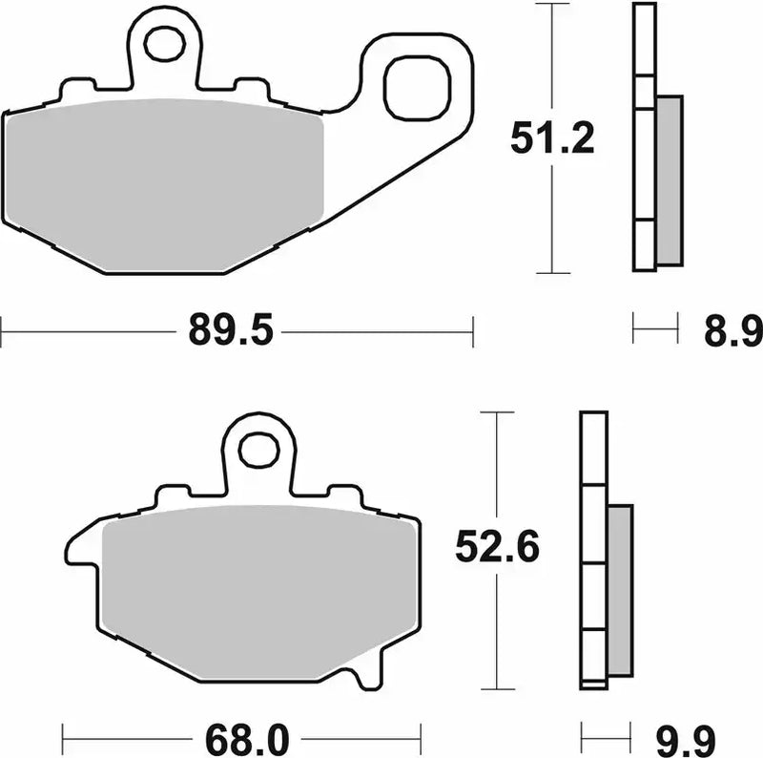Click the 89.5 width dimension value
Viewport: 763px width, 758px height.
(231, 332)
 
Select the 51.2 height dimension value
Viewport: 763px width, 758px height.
(551, 139)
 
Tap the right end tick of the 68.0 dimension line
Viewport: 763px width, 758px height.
(421, 736)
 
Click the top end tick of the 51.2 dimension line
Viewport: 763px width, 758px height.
(553, 4)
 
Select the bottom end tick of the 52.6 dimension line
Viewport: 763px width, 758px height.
(497, 688)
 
